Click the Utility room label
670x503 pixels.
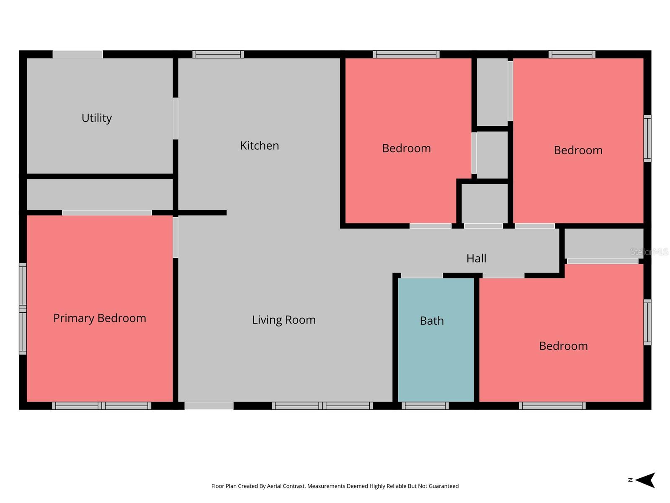(97, 118)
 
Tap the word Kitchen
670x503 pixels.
(259, 146)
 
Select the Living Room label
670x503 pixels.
(283, 320)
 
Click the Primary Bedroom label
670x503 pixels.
(100, 318)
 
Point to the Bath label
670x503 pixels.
(432, 321)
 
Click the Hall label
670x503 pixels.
(476, 258)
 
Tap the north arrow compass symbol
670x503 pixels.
(645, 480)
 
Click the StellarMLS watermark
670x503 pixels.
(649, 252)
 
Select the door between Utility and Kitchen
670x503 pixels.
(175, 119)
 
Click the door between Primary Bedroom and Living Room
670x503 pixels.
(175, 237)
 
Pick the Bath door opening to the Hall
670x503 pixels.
(422, 275)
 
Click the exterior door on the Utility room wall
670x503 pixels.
(77, 54)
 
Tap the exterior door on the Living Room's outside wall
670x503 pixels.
(209, 406)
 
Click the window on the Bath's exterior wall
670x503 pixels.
(425, 406)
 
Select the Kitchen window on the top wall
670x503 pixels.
(218, 54)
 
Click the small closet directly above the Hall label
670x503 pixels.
(484, 203)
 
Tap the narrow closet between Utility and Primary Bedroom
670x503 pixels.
(100, 194)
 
